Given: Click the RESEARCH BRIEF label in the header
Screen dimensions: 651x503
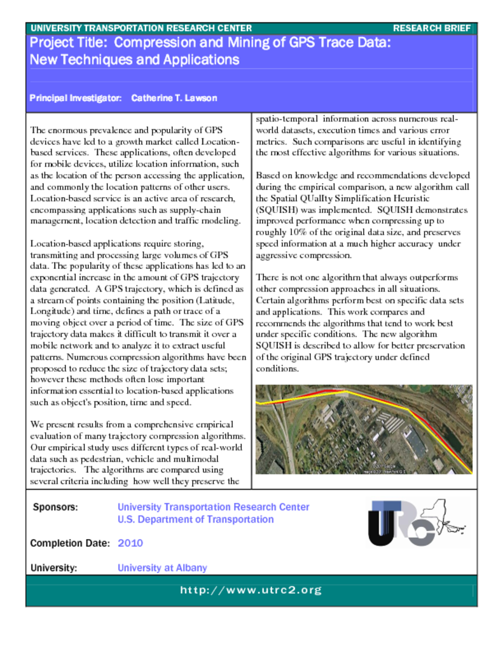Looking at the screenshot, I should pos(432,28).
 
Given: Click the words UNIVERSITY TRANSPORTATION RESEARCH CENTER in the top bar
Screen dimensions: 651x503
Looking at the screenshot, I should pos(141,28).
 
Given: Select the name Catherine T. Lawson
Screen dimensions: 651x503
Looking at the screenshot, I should pos(174,99).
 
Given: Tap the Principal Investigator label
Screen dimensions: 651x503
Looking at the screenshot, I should pos(76,99).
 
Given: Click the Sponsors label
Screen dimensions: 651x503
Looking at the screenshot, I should pos(55,507).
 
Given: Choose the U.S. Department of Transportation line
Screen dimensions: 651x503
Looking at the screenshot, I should pos(195,519).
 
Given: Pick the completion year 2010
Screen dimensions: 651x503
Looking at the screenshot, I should pos(130,543).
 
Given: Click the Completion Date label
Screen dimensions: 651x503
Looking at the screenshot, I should pos(70,544).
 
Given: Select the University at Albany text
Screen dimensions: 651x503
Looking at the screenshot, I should pos(162,568).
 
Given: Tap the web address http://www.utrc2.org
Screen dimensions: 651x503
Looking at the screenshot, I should pos(251,590).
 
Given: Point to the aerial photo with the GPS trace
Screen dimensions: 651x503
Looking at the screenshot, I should pos(363,429).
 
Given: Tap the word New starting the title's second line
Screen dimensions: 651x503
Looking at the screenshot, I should pos(43,60).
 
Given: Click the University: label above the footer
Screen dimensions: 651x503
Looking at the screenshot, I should pos(53,568).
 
